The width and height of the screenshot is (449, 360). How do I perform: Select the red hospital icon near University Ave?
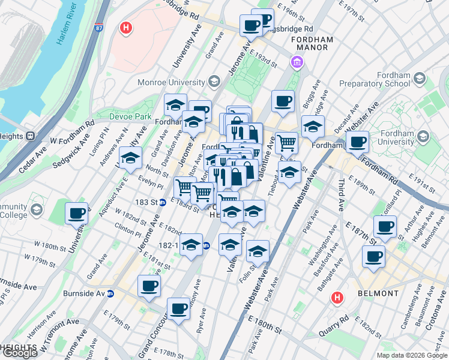point(126,28)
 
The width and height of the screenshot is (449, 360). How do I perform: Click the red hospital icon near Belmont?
point(338,297)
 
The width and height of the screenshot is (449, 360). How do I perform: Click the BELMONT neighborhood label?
point(378,293)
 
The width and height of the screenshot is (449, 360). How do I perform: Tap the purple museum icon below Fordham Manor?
point(296,62)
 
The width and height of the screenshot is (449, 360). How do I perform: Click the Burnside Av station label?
point(83,294)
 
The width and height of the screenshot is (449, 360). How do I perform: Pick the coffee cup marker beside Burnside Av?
point(149,286)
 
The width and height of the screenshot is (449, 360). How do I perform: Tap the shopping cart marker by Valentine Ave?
point(286,143)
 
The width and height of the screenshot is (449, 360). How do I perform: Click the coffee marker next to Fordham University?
point(358,142)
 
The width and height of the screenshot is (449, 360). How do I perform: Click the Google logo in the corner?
point(20,353)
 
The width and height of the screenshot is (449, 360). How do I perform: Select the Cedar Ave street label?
point(32,160)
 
